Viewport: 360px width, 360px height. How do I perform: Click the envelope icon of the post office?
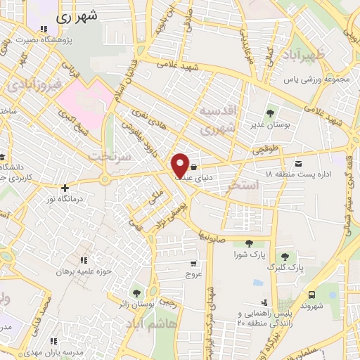(300, 162)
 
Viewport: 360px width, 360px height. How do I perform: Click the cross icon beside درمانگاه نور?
(65, 188)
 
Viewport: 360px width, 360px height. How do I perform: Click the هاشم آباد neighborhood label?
(153, 326)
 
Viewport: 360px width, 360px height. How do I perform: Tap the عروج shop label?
(193, 276)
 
